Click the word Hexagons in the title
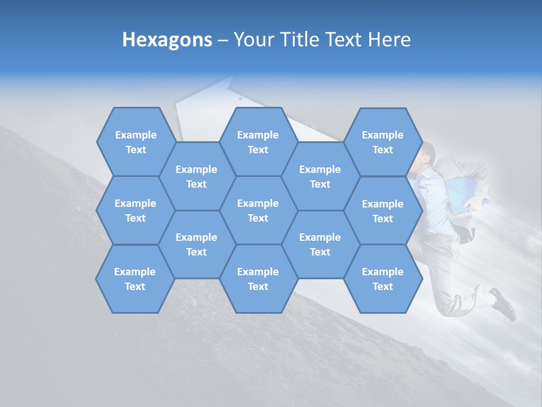[x=167, y=40]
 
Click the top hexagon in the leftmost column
[x=135, y=142]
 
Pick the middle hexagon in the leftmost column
[x=135, y=210]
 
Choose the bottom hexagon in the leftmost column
[x=135, y=279]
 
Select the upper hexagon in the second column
[x=196, y=176]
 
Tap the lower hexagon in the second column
[x=196, y=244]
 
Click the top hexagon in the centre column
[x=258, y=142]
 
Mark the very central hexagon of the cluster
[x=258, y=210]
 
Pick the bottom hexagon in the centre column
[x=258, y=279]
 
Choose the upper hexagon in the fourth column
[x=320, y=176]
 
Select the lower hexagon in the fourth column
[x=320, y=244]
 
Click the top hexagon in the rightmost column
[x=383, y=142]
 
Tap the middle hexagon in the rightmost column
[x=383, y=211]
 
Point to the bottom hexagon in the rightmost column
[x=383, y=279]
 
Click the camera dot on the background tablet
[x=240, y=98]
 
